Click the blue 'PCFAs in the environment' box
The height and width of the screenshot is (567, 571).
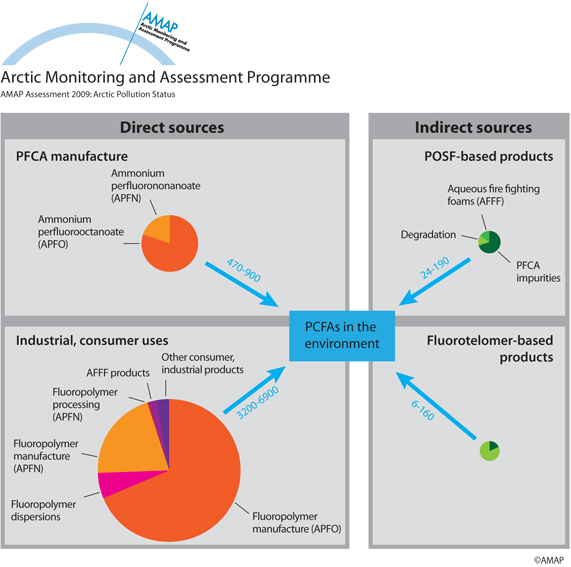(342, 336)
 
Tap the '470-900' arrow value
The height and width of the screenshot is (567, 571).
(244, 270)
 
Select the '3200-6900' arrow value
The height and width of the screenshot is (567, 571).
(257, 402)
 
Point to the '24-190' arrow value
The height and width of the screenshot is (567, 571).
(435, 268)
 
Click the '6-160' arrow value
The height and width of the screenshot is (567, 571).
(423, 410)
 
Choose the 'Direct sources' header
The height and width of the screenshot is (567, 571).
(172, 127)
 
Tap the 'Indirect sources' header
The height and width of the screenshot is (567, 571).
(473, 127)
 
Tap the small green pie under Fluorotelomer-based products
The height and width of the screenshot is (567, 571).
(489, 451)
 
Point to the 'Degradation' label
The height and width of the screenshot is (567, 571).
(428, 235)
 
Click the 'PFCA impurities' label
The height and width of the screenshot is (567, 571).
(538, 271)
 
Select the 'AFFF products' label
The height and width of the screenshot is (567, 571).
(118, 373)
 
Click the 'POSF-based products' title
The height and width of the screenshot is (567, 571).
(489, 156)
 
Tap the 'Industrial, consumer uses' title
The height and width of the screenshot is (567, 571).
(92, 340)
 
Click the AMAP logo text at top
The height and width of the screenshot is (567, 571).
(160, 22)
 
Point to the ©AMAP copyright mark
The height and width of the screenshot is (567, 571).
(549, 560)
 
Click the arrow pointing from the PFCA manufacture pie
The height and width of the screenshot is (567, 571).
(242, 284)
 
